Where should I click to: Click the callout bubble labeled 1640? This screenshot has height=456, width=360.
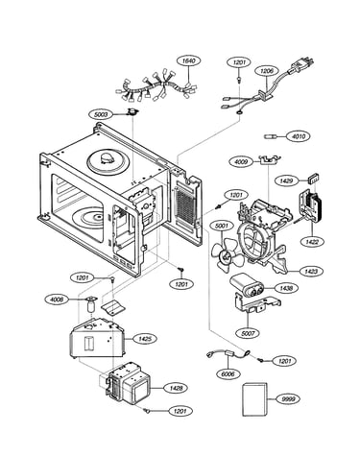click(189, 60)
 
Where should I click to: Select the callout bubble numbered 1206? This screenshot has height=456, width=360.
click(267, 71)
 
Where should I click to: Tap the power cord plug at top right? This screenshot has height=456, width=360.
click(300, 65)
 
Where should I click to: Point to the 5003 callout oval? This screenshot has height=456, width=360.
click(101, 114)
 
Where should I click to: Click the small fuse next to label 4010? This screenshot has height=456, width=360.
click(270, 136)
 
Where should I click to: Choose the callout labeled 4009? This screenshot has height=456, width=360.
click(241, 162)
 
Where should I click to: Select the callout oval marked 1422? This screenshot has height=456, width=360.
click(312, 242)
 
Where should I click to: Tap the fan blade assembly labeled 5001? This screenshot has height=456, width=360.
click(228, 254)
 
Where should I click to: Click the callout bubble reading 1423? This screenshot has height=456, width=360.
click(311, 272)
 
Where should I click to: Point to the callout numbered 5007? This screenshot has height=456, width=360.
click(249, 333)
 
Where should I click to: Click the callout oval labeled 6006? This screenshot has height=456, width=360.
click(228, 373)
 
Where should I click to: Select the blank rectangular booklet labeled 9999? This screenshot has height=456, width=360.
click(254, 399)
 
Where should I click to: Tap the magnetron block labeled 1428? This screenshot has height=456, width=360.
click(129, 382)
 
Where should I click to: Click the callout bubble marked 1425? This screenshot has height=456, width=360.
click(146, 339)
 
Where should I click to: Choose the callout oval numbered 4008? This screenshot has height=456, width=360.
click(57, 300)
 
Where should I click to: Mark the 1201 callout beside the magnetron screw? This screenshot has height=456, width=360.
click(180, 411)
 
